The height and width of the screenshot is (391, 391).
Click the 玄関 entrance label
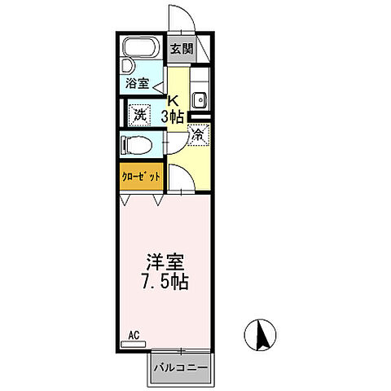pos(180,48)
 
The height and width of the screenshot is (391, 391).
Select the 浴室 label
pos(136,83)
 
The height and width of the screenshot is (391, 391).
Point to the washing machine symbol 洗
pos(139,115)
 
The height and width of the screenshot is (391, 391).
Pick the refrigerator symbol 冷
pos(196,136)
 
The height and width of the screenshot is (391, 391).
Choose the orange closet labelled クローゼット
pos(141,177)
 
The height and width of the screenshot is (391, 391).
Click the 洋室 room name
pos(165,265)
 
